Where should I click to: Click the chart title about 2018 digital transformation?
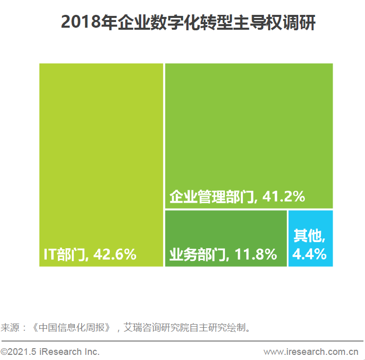(x=188, y=23)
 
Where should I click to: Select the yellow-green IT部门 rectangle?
(x=101, y=154)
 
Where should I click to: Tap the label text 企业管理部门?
(x=212, y=196)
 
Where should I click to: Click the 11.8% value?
(x=256, y=254)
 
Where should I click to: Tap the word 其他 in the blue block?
(x=308, y=236)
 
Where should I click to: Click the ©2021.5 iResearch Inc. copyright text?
(x=50, y=352)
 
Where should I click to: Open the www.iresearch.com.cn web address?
(x=311, y=352)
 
